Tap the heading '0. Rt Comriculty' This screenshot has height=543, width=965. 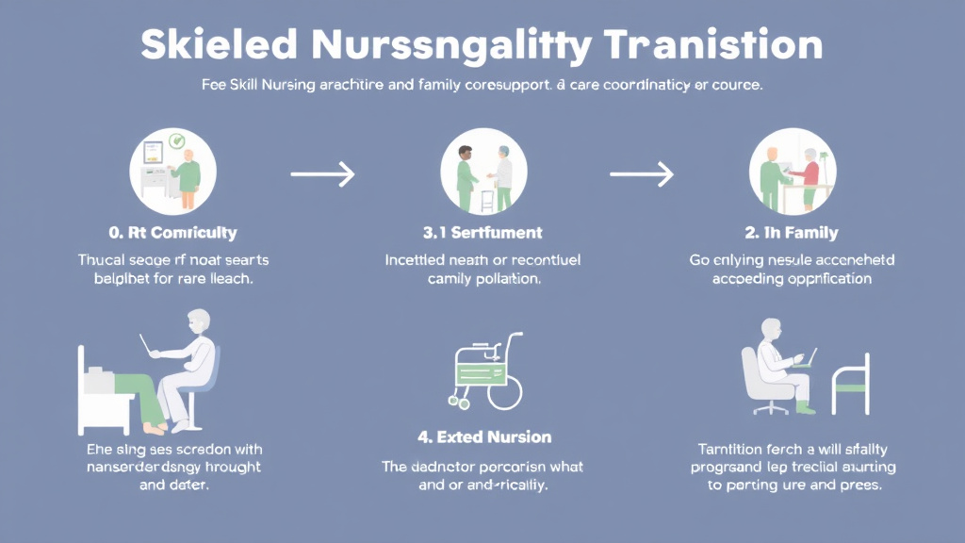(173, 232)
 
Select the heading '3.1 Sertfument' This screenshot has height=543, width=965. (483, 232)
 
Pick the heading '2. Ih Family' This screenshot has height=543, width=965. (792, 232)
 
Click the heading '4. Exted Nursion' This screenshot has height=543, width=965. (483, 437)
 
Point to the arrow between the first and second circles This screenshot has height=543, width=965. (322, 173)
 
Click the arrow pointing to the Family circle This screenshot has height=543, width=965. (642, 173)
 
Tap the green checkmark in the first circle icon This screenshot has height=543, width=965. (175, 143)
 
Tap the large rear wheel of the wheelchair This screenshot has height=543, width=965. (504, 389)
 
